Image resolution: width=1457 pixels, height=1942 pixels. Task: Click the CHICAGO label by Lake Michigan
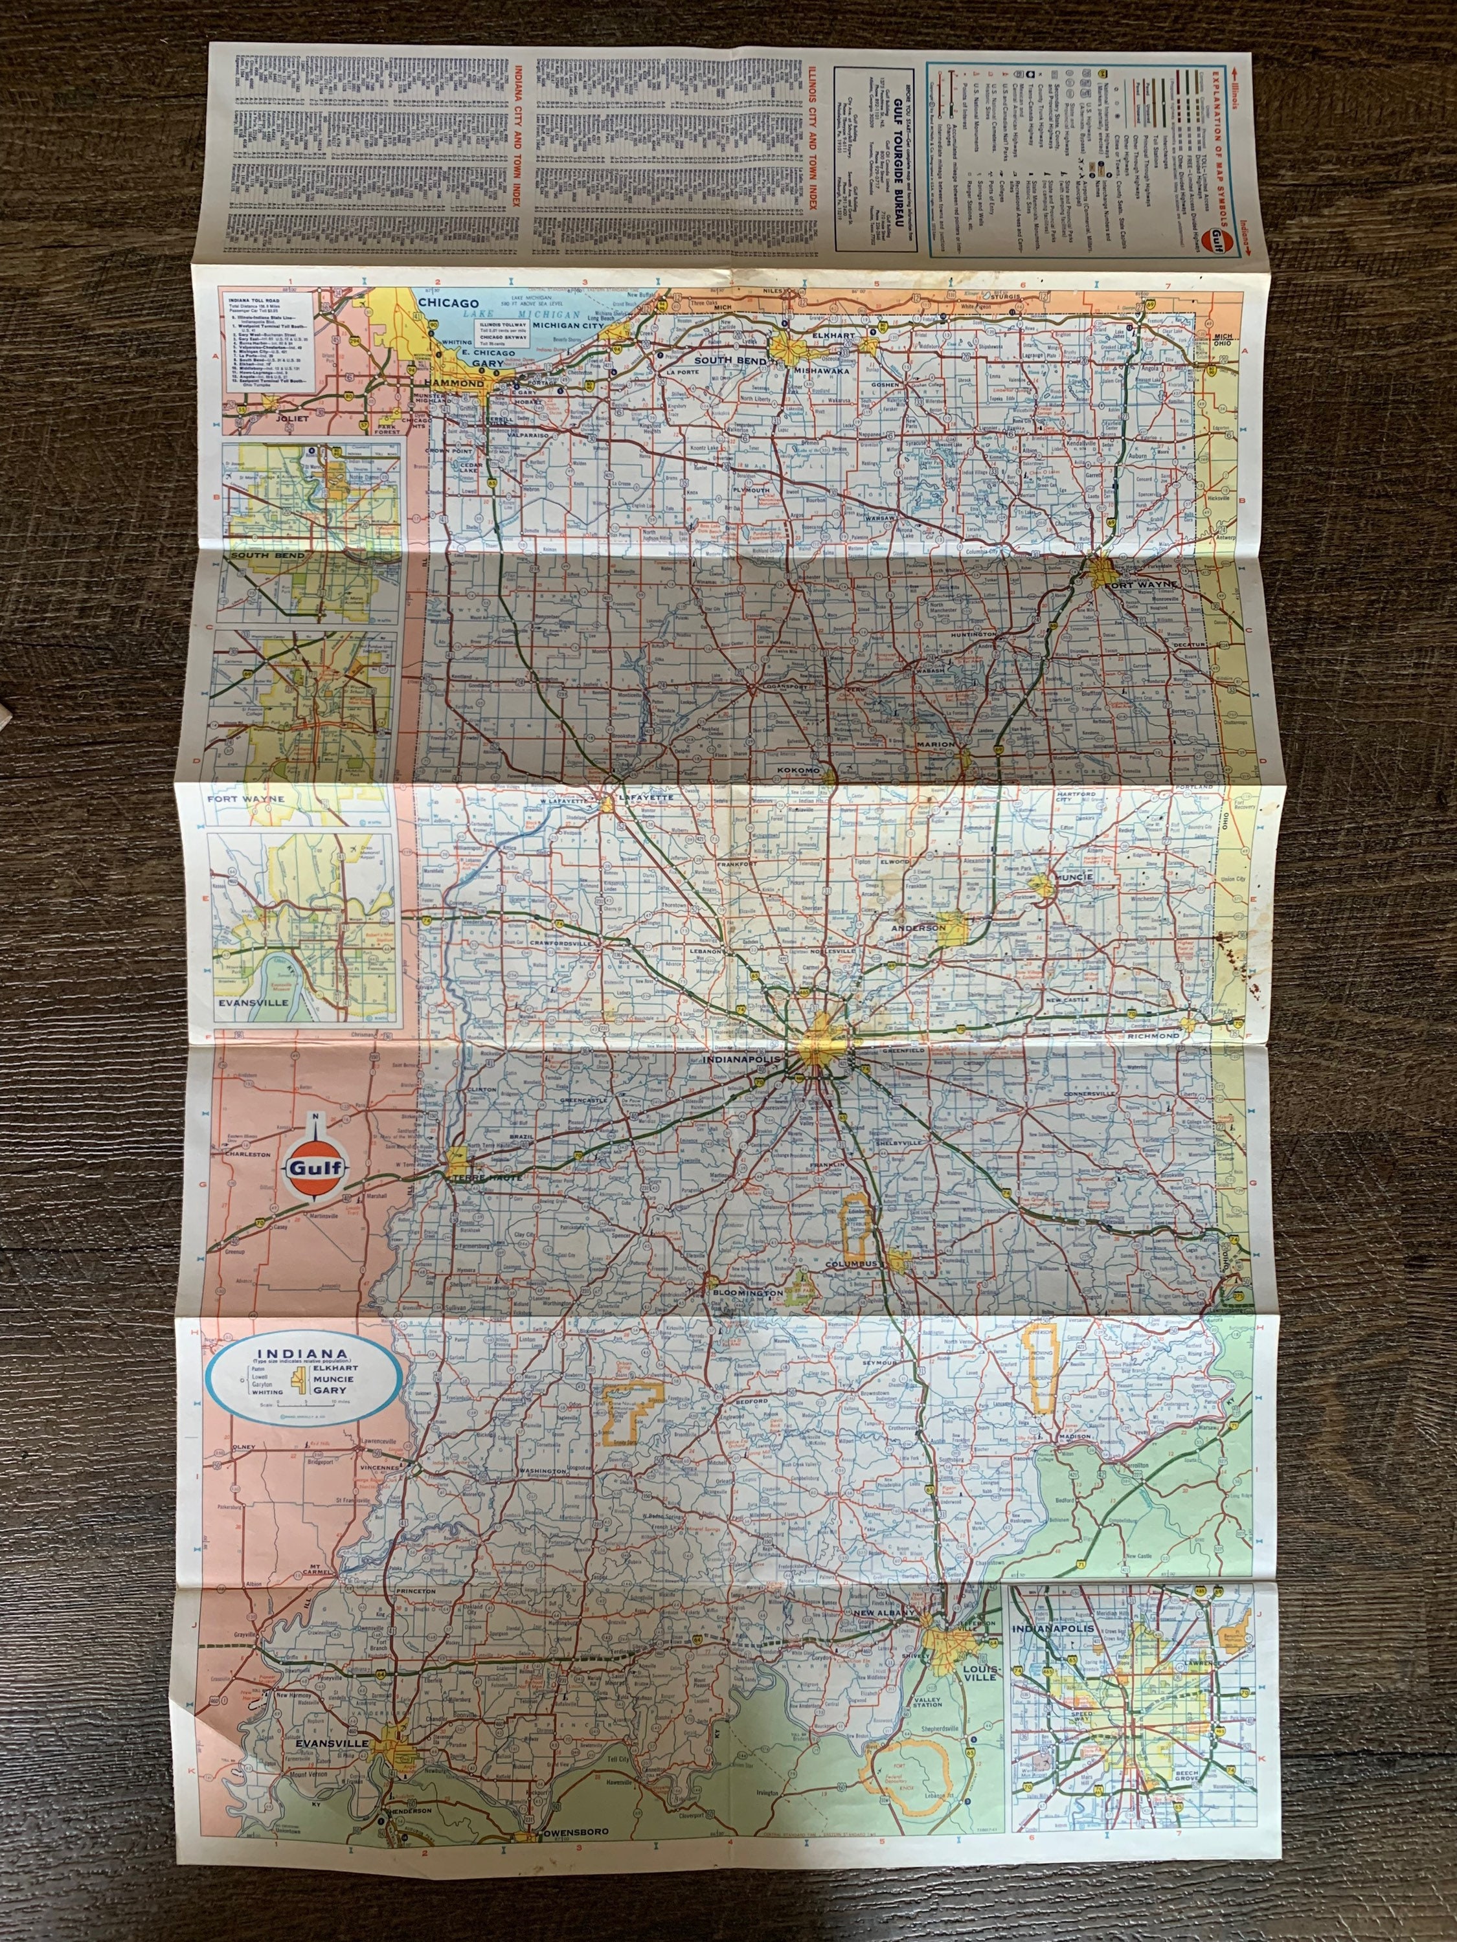coord(448,303)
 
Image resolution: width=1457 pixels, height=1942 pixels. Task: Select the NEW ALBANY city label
coord(885,1613)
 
